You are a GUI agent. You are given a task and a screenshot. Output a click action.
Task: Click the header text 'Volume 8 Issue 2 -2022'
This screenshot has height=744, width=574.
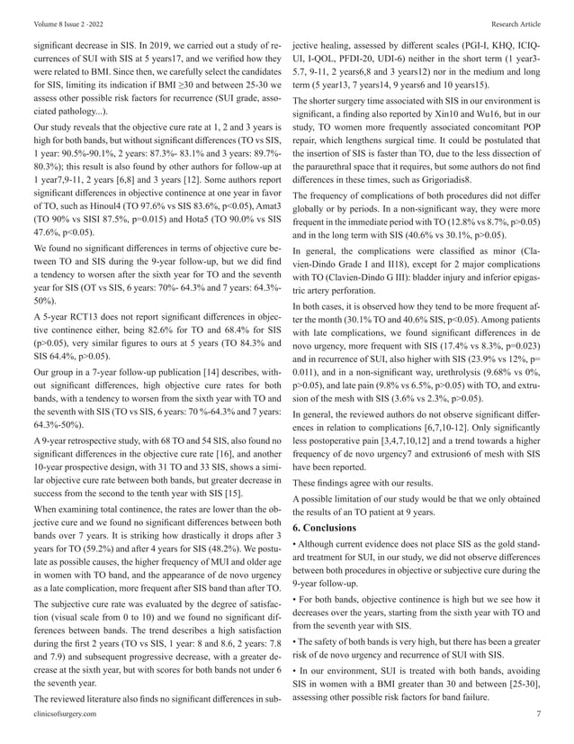[x=53, y=14]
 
